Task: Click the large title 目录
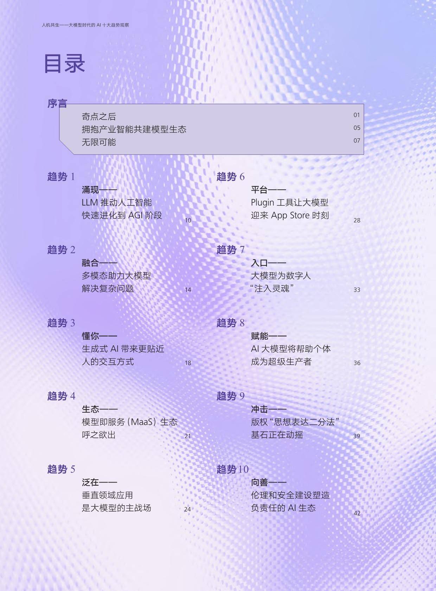click(64, 63)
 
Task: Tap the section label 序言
click(57, 104)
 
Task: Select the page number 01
click(357, 115)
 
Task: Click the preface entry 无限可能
click(99, 142)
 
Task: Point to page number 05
click(357, 128)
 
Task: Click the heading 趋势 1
click(61, 177)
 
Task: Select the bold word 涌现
click(90, 189)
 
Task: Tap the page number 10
click(188, 220)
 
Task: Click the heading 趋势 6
click(230, 177)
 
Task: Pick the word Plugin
click(262, 203)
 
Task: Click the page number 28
click(357, 220)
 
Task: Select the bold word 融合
click(90, 263)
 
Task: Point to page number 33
click(357, 290)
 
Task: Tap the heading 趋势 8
click(230, 323)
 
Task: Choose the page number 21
click(188, 436)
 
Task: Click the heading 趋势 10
click(232, 469)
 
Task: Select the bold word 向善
click(259, 482)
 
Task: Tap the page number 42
click(357, 513)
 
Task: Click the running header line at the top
click(85, 25)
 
